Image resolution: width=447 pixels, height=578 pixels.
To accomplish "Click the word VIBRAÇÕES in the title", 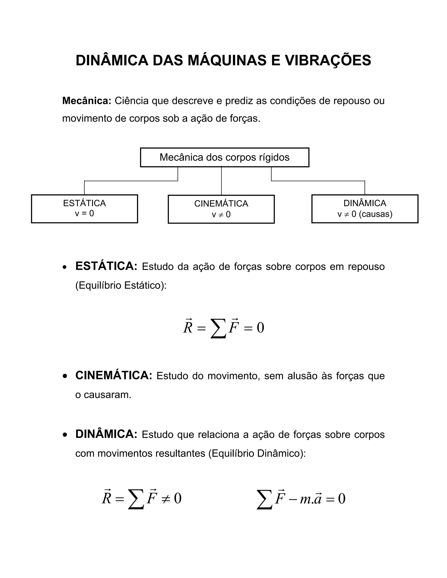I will click(328, 61).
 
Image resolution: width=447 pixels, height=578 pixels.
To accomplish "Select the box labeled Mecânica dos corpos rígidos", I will click(225, 157).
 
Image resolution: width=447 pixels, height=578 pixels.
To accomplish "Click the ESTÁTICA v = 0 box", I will click(84, 209).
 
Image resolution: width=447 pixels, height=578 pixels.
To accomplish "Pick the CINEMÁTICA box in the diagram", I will click(221, 209).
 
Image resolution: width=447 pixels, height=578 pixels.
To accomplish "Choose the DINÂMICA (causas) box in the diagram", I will click(365, 209).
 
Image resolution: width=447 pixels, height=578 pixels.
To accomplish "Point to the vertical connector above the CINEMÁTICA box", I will click(221, 181).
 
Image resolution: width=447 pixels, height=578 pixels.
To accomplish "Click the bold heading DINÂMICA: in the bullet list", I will click(106, 434).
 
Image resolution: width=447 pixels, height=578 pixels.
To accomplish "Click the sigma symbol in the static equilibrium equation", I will click(218, 328).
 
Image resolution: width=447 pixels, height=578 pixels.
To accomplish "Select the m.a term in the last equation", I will click(311, 499).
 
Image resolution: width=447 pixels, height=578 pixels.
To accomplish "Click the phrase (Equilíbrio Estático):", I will click(121, 285).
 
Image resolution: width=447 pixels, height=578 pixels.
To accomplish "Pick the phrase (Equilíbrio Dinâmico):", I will click(257, 453).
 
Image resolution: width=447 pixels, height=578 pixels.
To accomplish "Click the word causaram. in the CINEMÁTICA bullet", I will click(108, 395).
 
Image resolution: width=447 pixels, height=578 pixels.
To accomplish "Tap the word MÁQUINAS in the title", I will click(227, 61).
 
